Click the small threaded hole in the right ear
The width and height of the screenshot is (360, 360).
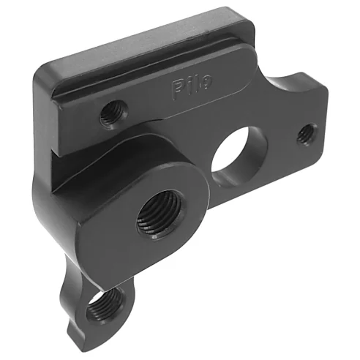[306, 134]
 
